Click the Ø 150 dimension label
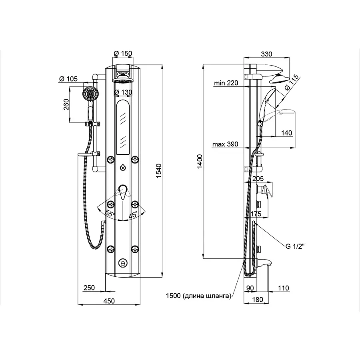(x=123, y=53)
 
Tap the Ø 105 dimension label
(x=68, y=79)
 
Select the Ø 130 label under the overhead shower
(x=122, y=92)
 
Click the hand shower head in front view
(x=91, y=95)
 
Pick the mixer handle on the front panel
(x=122, y=193)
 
